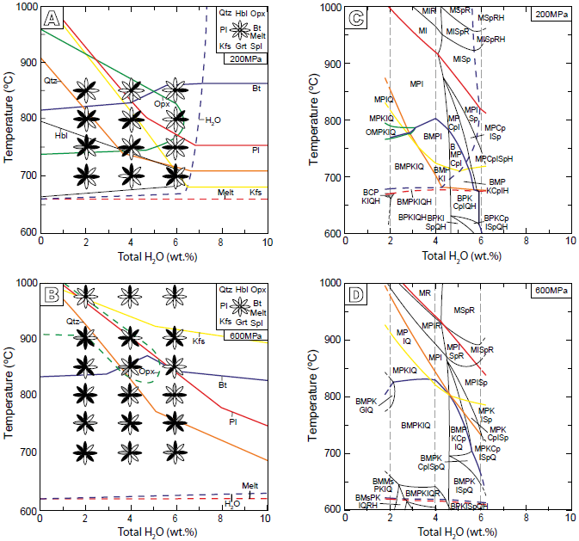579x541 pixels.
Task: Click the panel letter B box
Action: (x=53, y=295)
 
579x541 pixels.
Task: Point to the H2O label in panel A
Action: (x=213, y=120)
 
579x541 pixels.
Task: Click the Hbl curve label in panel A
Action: (x=61, y=135)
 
